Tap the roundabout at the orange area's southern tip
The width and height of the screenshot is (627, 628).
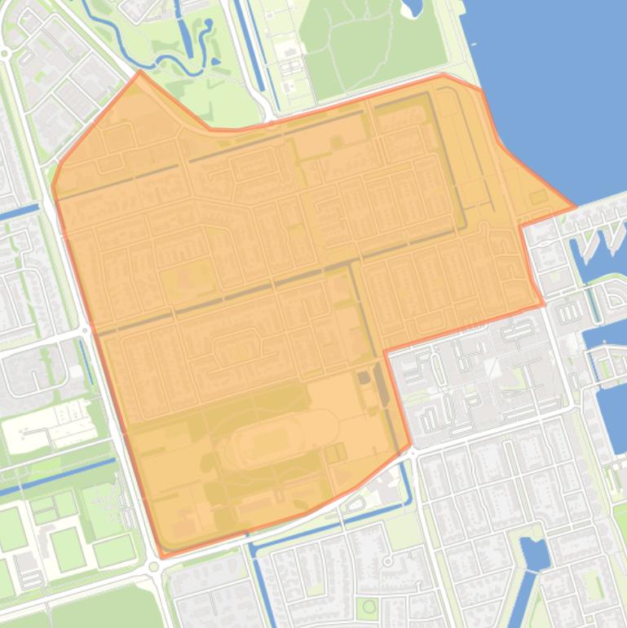pos(154,567)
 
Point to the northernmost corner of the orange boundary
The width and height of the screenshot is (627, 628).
pos(140,71)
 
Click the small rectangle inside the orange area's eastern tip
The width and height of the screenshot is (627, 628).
pos(537,197)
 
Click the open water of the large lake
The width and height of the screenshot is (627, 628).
pos(554,82)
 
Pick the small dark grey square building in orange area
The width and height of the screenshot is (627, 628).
pos(363,378)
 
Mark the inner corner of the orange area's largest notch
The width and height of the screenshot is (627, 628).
pos(384,351)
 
